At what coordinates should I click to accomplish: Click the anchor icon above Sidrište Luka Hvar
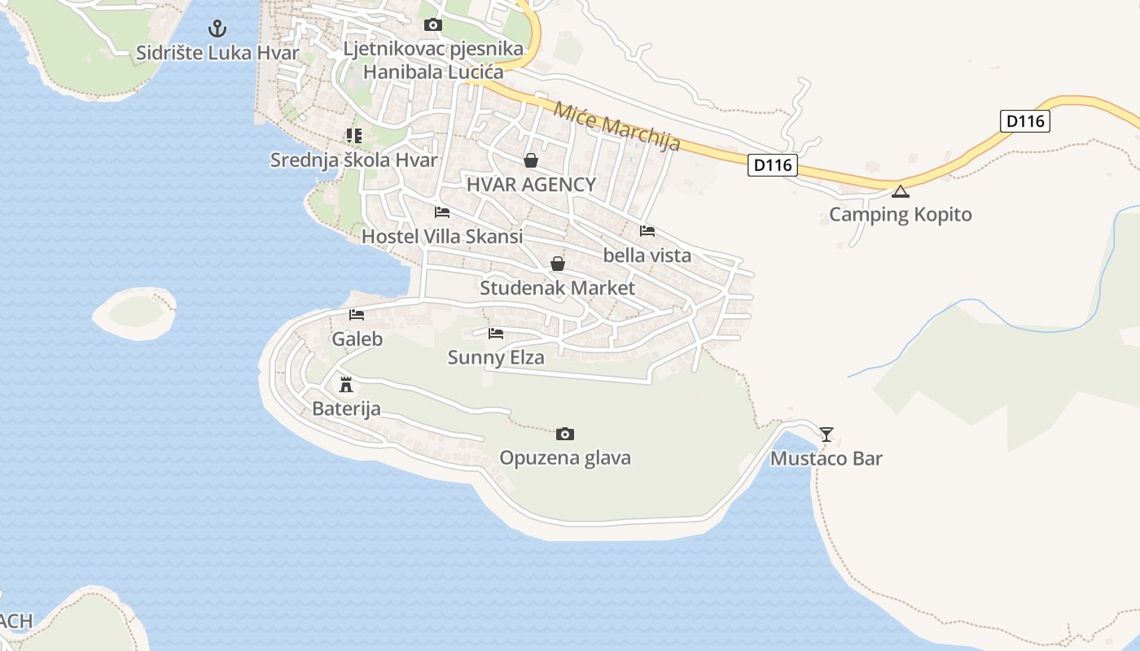pyautogui.click(x=217, y=29)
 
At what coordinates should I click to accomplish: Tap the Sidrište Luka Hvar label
pyautogui.click(x=217, y=53)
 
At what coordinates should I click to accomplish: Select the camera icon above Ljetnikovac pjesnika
pyautogui.click(x=433, y=25)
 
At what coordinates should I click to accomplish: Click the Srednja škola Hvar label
pyautogui.click(x=353, y=159)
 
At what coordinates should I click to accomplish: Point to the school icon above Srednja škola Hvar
pyautogui.click(x=353, y=135)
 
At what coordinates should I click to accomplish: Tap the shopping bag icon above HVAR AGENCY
pyautogui.click(x=531, y=160)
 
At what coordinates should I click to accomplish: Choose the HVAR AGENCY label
pyautogui.click(x=531, y=185)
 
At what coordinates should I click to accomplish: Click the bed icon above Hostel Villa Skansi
pyautogui.click(x=442, y=212)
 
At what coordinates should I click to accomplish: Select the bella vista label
pyautogui.click(x=647, y=255)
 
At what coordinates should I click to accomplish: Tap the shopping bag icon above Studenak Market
pyautogui.click(x=558, y=264)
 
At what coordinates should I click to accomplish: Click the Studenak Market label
pyautogui.click(x=557, y=287)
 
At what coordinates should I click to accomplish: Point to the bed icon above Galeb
pyautogui.click(x=357, y=315)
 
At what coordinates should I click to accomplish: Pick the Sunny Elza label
pyautogui.click(x=496, y=357)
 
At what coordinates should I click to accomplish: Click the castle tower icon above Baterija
pyautogui.click(x=346, y=384)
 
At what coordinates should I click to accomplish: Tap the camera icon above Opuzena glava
pyautogui.click(x=565, y=434)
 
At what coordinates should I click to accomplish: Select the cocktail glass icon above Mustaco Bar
pyautogui.click(x=826, y=435)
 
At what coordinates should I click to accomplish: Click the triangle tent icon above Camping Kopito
pyautogui.click(x=900, y=192)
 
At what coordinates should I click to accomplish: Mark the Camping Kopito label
pyautogui.click(x=900, y=215)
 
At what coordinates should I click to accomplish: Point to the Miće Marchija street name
pyautogui.click(x=616, y=126)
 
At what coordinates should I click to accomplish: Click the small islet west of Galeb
pyautogui.click(x=134, y=311)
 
